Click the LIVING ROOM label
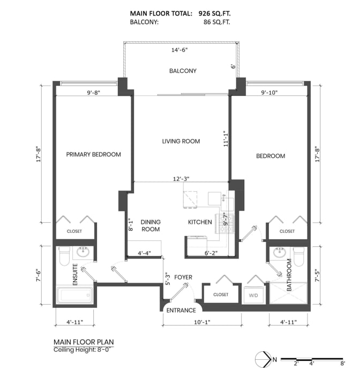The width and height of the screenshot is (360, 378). [x=181, y=141]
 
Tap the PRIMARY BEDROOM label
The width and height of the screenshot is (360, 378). [x=94, y=155]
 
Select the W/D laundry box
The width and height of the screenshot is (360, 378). [x=253, y=295]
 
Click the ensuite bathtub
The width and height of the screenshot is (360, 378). [x=74, y=295]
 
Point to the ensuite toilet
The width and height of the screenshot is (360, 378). [x=64, y=256]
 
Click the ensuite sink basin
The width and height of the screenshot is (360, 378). [x=83, y=252]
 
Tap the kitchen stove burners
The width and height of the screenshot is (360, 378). [x=225, y=224]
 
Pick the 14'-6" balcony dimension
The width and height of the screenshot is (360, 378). [x=179, y=50]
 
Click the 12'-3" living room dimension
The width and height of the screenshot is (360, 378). [x=181, y=179]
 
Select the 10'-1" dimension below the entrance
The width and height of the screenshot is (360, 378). [x=202, y=322]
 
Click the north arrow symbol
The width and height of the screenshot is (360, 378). [x=264, y=359]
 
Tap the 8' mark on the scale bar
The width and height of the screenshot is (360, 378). [x=343, y=364]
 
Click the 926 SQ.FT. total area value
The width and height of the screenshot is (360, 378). [x=214, y=13]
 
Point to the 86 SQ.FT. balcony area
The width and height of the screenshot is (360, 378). [x=216, y=22]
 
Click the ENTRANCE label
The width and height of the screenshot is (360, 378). [x=181, y=310]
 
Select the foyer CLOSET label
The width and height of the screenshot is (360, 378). [x=221, y=294]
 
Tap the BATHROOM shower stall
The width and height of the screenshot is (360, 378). [x=288, y=293]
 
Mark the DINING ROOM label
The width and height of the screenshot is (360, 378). [x=151, y=225]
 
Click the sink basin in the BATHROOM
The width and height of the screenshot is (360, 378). [x=280, y=252]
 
